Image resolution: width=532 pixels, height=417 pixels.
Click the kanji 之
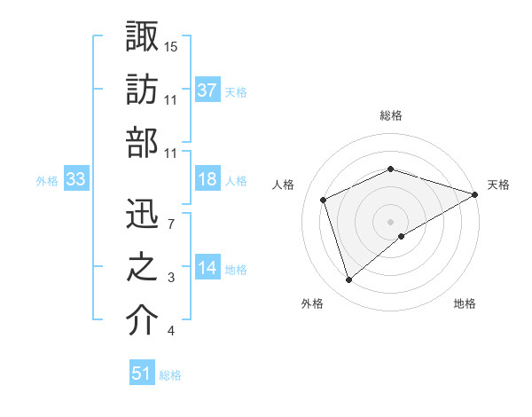143,267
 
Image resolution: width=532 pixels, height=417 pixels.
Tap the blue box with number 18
207,179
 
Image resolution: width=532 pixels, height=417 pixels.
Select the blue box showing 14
207,268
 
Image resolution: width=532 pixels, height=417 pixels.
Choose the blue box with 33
75,179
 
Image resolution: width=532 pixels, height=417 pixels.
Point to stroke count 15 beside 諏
171,46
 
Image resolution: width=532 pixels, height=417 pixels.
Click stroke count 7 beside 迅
170,223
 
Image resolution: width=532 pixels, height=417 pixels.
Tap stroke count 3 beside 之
170,278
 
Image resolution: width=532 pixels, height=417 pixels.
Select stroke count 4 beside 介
170,332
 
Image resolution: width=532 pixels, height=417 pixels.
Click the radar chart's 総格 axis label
391,116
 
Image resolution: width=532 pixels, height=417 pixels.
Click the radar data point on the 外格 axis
348,280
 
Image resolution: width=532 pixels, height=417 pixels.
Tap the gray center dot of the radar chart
390,221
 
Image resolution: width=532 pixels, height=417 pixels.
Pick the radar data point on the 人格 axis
325,200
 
